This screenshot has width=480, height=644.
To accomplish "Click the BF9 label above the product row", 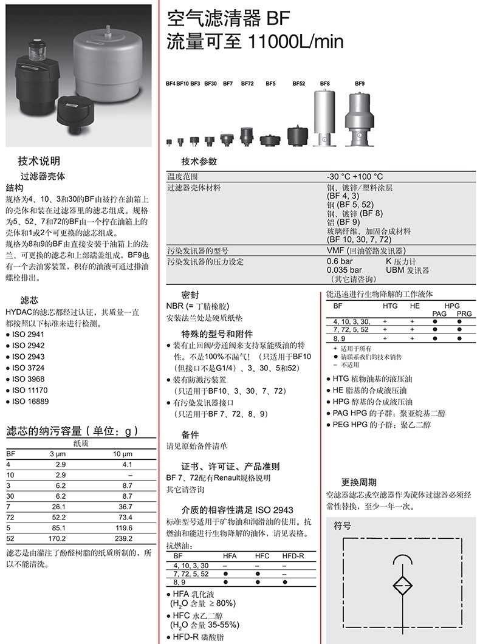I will click(x=360, y=83).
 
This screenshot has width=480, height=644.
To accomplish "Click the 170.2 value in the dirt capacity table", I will click(x=58, y=538).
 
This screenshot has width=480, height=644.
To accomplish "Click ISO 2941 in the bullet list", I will click(x=29, y=334).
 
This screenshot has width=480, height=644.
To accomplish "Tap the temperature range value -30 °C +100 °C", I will click(x=355, y=176).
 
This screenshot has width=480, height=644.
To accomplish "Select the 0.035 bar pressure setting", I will click(x=344, y=270).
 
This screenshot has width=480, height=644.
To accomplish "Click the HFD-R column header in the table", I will click(x=293, y=556).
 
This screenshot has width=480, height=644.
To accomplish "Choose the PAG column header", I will click(x=439, y=313).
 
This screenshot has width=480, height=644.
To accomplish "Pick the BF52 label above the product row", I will click(x=298, y=83).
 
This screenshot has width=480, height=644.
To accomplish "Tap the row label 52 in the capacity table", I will click(x=10, y=538).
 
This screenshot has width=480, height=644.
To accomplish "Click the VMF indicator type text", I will click(x=335, y=250).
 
